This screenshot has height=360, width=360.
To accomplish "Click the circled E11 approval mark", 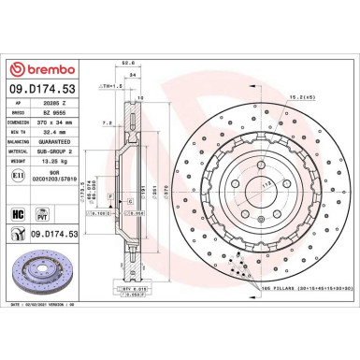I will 18,174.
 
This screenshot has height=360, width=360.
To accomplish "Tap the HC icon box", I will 18,213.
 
